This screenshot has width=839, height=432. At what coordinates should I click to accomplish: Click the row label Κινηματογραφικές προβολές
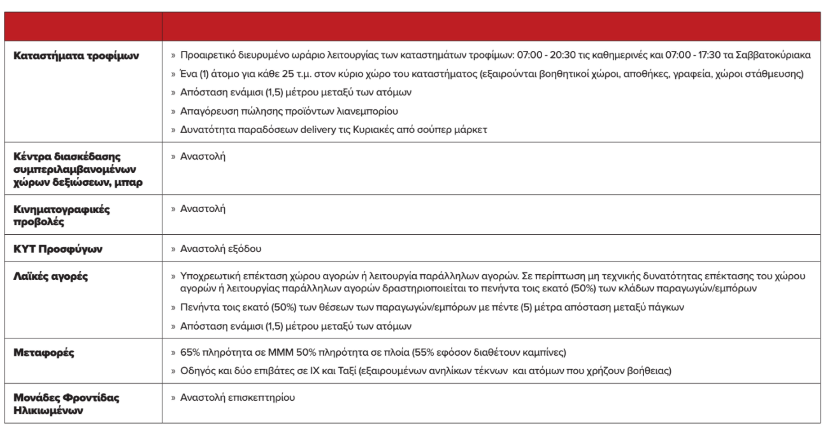[x=55, y=214]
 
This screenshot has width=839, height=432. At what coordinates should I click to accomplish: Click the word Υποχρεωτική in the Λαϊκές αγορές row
[x=207, y=277]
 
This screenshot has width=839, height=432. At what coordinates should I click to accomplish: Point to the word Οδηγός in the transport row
[x=195, y=370]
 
